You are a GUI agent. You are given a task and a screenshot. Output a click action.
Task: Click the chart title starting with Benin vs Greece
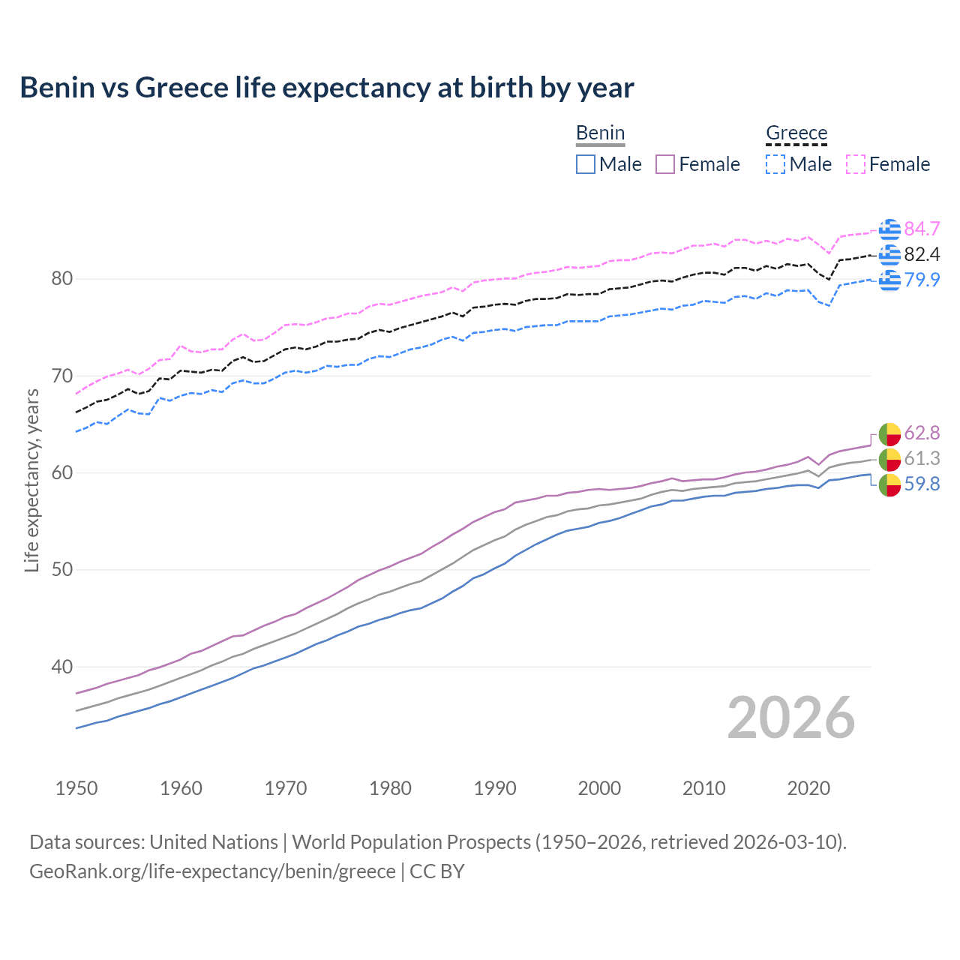coord(327,88)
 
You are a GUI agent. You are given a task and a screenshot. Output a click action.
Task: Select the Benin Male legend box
coord(586,164)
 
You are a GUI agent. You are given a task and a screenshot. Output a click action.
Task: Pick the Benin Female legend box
coord(665,164)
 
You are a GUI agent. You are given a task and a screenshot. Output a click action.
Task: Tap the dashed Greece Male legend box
coord(775,164)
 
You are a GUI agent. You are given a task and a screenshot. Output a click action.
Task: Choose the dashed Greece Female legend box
coord(856,164)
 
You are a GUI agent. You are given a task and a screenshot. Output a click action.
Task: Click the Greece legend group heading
coord(796,133)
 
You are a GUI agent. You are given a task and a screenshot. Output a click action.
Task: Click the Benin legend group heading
coord(600,133)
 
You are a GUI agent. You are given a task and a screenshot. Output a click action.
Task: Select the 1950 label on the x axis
coord(76,788)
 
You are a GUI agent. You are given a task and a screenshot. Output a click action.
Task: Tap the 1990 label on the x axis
coord(495,788)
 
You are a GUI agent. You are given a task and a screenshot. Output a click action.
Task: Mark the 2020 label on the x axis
coord(808,788)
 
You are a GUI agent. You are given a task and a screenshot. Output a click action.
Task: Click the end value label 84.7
coord(922,229)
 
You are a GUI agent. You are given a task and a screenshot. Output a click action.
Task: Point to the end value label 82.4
coord(922,254)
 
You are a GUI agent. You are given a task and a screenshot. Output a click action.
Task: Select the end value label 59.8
coord(922,484)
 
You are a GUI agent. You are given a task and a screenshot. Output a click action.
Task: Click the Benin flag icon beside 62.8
coord(889,433)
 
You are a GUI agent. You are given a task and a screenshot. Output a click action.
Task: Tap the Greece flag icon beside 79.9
coord(889,280)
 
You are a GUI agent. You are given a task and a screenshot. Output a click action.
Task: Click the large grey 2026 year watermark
coord(791,718)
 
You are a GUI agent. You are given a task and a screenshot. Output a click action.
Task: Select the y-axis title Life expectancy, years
coord(32,480)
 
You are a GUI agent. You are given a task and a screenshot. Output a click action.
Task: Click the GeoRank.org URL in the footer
coord(212,871)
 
